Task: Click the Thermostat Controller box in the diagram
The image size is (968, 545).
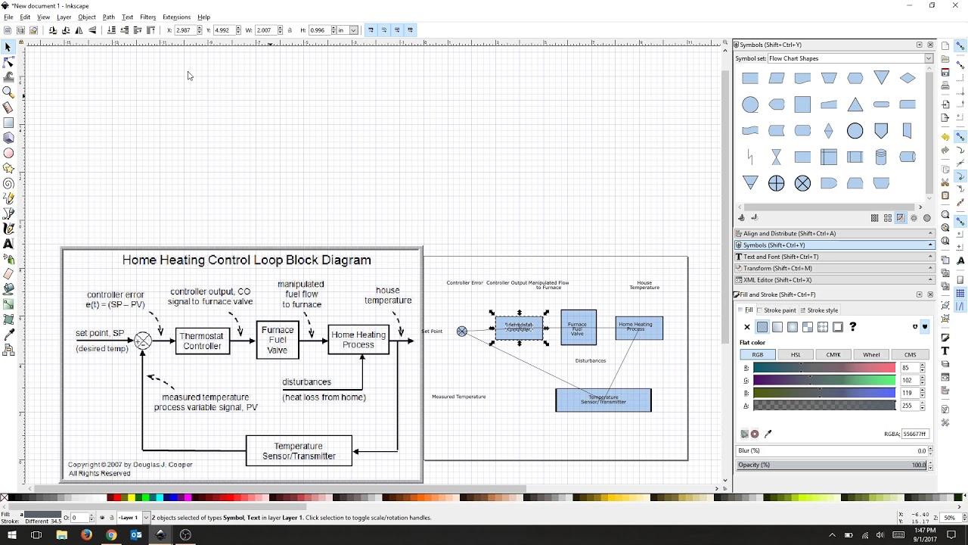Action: pos(202,341)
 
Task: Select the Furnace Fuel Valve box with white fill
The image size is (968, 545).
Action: pos(278,340)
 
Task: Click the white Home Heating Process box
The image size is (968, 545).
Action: pos(358,340)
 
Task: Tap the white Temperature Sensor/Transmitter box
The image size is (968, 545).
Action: pos(299,451)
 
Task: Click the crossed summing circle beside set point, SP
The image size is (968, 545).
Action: pos(143,341)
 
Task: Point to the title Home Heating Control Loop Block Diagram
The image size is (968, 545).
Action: pos(247,260)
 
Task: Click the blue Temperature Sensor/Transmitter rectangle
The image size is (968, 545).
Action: pos(603,400)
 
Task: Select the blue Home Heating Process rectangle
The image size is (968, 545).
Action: pos(639,328)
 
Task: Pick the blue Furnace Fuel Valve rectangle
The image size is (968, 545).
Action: pos(579,327)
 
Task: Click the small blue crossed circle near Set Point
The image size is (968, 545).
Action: pos(462,332)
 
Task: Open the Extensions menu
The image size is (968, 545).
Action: pos(176,17)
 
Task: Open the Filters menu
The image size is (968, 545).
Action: pos(147,17)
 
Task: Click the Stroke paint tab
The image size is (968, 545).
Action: pos(780,310)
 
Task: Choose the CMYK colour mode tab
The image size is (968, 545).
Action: pos(833,354)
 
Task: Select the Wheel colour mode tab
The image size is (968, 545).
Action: pos(871,354)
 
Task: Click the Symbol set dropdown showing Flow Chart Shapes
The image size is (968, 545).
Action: pos(850,58)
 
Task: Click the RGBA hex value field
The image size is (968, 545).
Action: pos(914,434)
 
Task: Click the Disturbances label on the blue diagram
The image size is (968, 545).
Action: pos(591,361)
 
